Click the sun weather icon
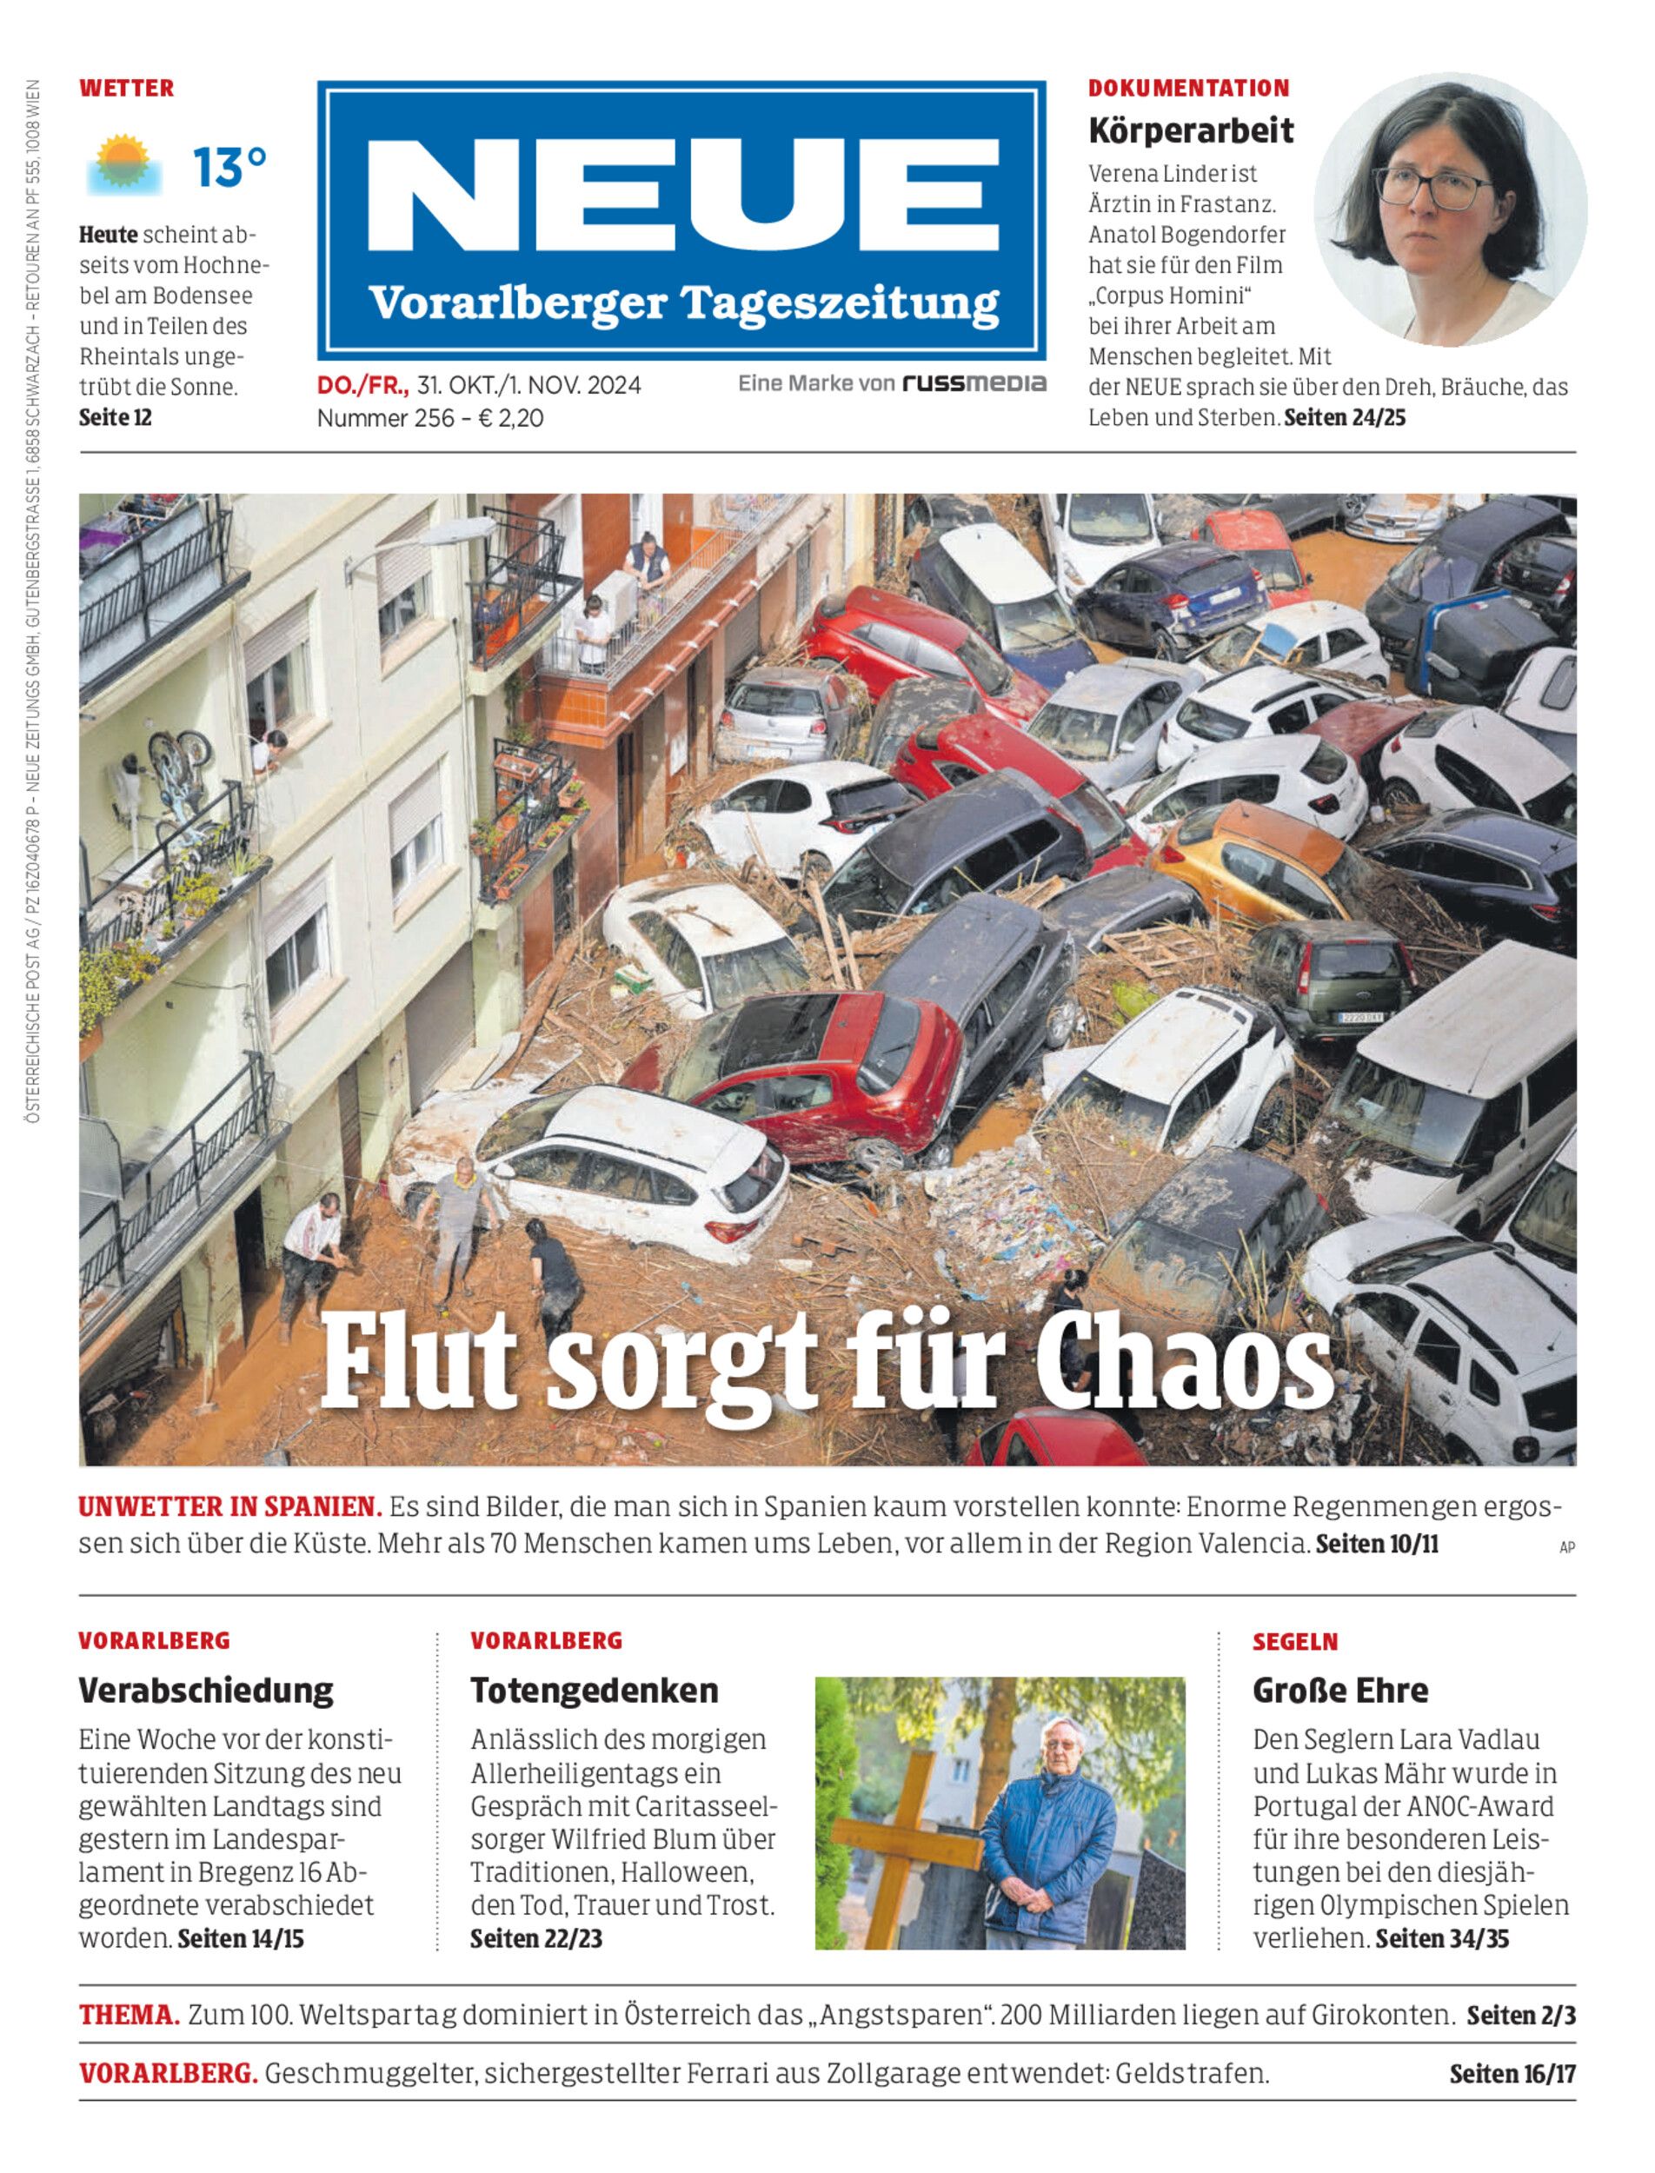coord(123,164)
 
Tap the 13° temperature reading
coord(229,168)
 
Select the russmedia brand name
coord(974,383)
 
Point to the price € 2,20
coord(510,418)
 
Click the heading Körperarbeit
coord(1190,131)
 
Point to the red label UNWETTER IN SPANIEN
coord(229,1507)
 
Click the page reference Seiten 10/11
coord(1376,1544)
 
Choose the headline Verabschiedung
coord(206,1691)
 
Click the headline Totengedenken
coord(594,1691)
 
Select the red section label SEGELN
coord(1294,1642)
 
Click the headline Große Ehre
coord(1339,1691)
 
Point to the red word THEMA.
coord(129,2016)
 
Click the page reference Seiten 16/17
coord(1512,2075)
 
